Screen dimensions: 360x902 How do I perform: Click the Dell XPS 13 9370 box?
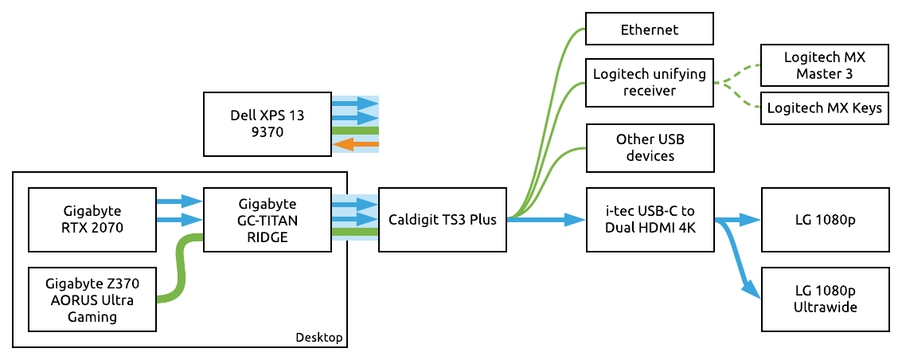(x=267, y=123)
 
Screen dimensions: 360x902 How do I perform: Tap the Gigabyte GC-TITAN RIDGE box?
(x=267, y=219)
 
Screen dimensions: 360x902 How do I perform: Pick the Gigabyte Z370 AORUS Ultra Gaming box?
(x=92, y=299)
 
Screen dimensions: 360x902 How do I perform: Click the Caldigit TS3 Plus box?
(x=442, y=219)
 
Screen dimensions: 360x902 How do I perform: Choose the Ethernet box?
(x=649, y=30)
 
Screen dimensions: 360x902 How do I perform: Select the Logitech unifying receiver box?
(x=649, y=83)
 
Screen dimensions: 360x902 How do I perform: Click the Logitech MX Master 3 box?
(x=824, y=66)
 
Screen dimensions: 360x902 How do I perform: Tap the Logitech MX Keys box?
(x=824, y=108)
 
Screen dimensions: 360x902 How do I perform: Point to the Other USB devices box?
(x=649, y=147)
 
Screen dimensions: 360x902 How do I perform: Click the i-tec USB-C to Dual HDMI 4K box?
(x=649, y=219)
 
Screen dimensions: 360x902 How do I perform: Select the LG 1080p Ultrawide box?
(x=824, y=299)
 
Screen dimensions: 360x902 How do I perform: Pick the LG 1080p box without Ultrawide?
(x=824, y=219)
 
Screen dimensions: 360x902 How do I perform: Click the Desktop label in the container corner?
(x=318, y=338)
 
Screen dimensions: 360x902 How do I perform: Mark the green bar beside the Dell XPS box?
(x=355, y=131)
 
